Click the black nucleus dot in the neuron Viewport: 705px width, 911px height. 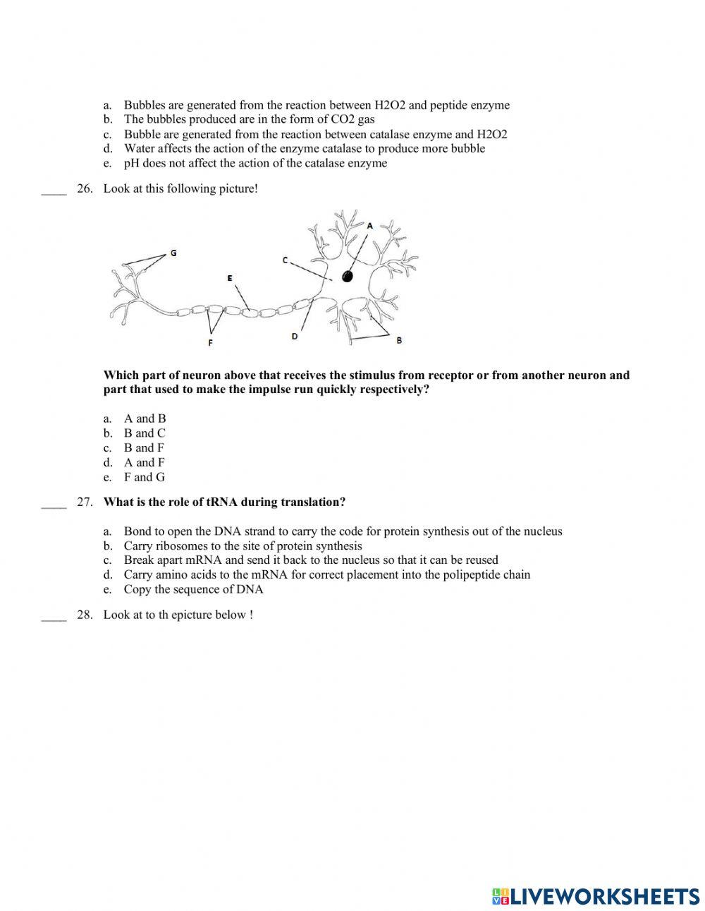click(x=347, y=276)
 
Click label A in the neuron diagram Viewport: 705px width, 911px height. click(x=369, y=225)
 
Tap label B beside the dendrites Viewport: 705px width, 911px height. click(x=399, y=340)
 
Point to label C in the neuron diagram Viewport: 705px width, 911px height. click(x=286, y=260)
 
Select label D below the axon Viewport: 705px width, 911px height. click(x=295, y=337)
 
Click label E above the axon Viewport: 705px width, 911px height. click(x=230, y=278)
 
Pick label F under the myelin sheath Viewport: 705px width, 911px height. click(x=210, y=343)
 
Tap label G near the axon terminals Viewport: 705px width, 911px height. click(x=173, y=253)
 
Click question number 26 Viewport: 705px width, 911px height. click(x=85, y=189)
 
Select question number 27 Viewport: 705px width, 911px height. click(x=85, y=502)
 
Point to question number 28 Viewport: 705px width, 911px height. click(x=85, y=615)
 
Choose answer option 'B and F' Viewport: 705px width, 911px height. click(x=144, y=447)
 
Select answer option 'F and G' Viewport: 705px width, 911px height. click(x=144, y=477)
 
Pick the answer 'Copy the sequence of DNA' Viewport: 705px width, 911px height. click(x=193, y=589)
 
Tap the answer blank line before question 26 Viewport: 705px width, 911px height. click(x=54, y=191)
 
